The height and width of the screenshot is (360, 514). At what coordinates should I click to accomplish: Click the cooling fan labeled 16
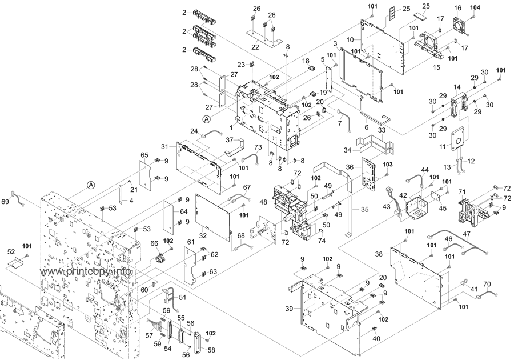point(461,24)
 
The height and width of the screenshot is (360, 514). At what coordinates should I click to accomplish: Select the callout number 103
point(387,164)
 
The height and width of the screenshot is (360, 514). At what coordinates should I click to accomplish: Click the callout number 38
point(379,254)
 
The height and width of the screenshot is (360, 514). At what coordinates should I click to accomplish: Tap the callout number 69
point(5,201)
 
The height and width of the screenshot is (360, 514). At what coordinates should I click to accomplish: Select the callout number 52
point(10,251)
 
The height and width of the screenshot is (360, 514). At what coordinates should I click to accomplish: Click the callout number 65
point(144,155)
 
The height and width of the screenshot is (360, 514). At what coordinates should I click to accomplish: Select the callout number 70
point(487,283)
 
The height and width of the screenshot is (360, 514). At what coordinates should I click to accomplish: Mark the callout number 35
point(363,210)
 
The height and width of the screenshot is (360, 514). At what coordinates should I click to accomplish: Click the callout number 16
point(457,7)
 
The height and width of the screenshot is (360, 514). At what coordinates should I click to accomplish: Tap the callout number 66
point(154,243)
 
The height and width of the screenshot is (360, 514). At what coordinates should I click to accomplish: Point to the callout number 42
point(404,195)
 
